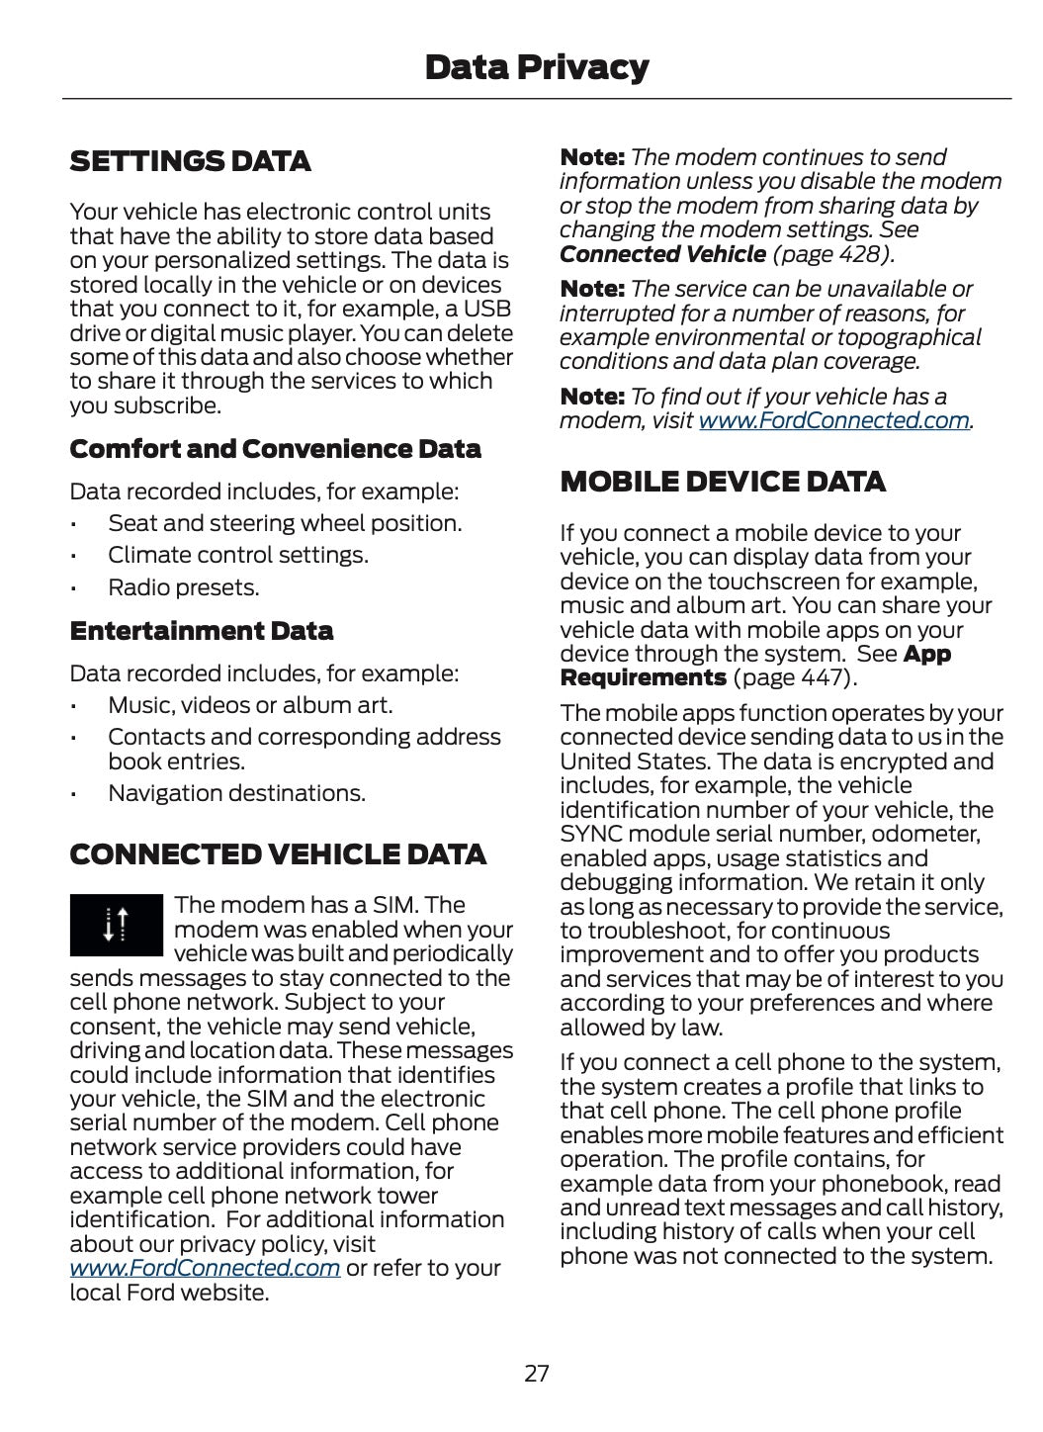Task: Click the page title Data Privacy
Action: pos(536,67)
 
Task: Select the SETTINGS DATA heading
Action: pos(190,161)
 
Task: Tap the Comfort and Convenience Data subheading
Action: pos(275,449)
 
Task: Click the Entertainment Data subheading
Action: pos(201,631)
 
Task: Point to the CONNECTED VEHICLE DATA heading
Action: pos(278,854)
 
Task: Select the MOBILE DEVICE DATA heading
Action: pos(723,482)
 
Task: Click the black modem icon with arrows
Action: pos(116,925)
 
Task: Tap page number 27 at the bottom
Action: pos(536,1373)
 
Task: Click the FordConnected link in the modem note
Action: pos(833,420)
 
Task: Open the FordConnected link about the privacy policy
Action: pos(205,1268)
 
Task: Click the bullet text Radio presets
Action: pos(183,587)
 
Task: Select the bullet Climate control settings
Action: pos(237,555)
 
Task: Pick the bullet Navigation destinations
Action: pos(236,793)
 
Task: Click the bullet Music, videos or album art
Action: pos(249,705)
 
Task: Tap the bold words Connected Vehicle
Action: pos(662,254)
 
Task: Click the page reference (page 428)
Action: pos(833,254)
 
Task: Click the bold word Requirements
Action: pos(643,677)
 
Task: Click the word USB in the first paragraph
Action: pos(487,309)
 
